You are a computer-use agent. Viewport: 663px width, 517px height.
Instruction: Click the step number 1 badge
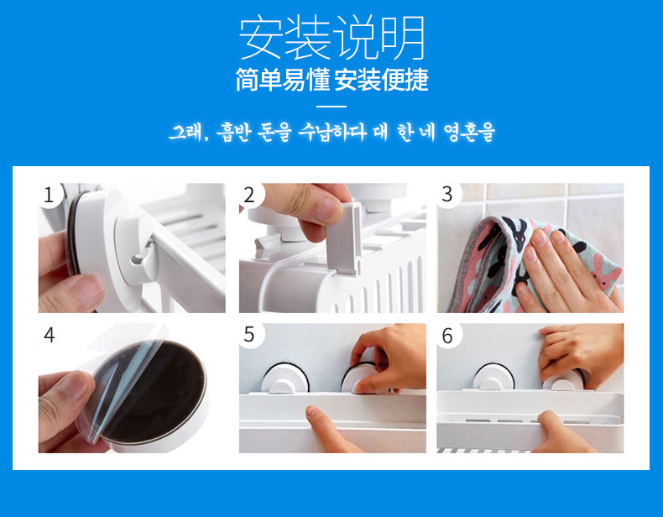(50, 195)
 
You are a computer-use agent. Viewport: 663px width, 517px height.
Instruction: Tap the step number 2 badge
(249, 195)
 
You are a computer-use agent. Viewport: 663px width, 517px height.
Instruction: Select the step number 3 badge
(447, 195)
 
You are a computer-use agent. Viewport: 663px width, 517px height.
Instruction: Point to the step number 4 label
(50, 335)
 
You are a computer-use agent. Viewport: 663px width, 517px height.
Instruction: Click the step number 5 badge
(249, 335)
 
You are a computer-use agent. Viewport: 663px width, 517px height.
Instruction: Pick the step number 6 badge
(447, 336)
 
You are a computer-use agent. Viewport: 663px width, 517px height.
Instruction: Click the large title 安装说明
(332, 38)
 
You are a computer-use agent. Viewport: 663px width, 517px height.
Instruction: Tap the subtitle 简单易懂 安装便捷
(332, 80)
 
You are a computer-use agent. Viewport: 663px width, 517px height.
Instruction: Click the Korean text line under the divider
(332, 133)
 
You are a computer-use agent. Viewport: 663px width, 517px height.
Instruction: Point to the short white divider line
(331, 106)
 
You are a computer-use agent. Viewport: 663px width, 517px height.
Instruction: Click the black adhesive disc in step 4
(152, 391)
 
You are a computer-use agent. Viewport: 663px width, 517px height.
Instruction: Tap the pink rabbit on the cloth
(603, 274)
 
